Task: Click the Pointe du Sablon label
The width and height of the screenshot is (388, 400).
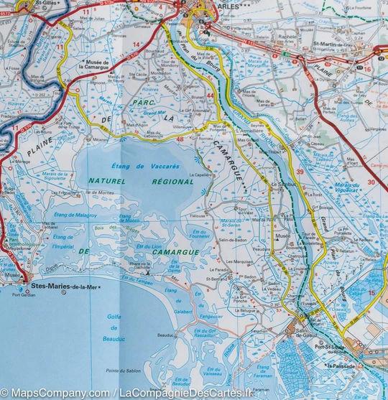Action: [x=120, y=371]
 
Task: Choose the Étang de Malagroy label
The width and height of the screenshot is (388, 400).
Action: [x=77, y=215]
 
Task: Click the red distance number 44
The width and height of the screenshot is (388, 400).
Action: [x=210, y=95]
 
